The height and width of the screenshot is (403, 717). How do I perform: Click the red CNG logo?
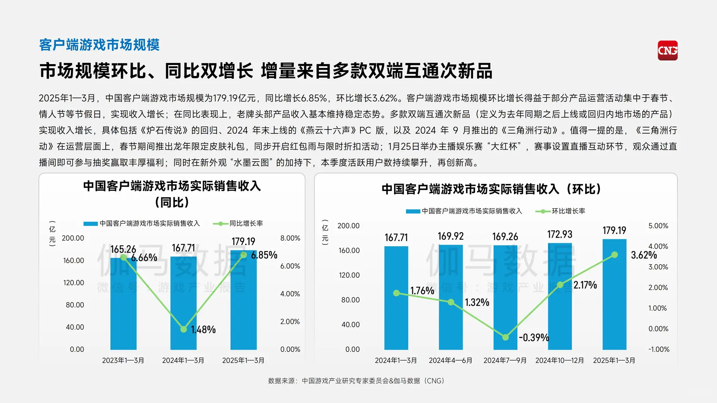(667, 50)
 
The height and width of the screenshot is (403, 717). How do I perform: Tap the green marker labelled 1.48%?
(183, 329)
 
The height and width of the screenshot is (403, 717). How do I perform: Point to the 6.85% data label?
(264, 255)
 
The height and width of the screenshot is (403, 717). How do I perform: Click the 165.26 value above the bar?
(123, 249)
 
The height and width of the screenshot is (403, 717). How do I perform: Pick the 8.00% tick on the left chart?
(290, 238)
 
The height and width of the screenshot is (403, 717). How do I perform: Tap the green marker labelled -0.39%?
(505, 337)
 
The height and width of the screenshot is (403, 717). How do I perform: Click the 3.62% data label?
(644, 255)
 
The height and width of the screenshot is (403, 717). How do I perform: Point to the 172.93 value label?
(559, 234)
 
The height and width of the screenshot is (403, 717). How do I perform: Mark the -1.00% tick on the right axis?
(659, 349)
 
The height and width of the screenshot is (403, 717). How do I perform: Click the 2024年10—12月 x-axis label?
(559, 360)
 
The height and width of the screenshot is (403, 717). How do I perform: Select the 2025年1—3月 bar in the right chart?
(614, 295)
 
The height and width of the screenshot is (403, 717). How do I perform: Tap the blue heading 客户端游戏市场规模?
(99, 45)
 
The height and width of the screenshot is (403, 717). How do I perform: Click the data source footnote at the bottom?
(356, 381)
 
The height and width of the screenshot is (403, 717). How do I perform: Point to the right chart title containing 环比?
(491, 189)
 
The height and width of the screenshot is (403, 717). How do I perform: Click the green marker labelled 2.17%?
(560, 285)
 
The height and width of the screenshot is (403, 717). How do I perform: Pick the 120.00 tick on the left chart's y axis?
(74, 282)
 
